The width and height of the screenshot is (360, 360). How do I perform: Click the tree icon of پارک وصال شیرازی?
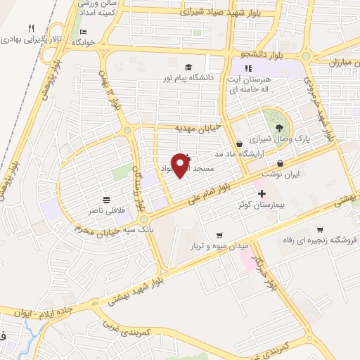point(280,127)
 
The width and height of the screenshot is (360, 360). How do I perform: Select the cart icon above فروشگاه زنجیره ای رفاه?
point(321,229)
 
